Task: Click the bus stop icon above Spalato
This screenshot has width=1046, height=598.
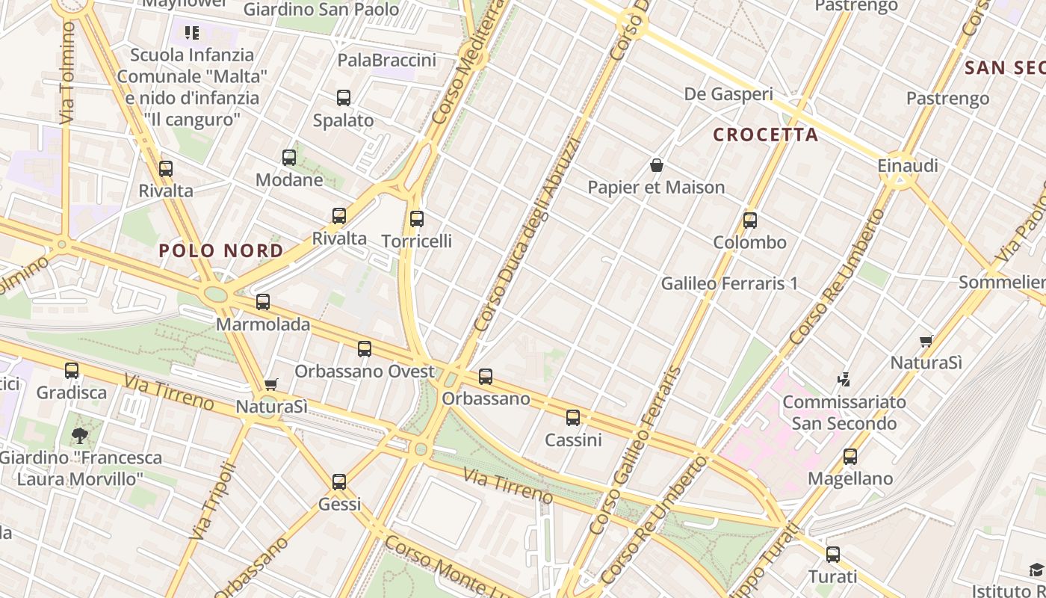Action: click(x=344, y=98)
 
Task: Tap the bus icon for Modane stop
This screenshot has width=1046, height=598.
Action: click(x=289, y=158)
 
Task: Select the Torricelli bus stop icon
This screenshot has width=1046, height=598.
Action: click(x=417, y=219)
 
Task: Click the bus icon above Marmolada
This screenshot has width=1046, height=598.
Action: click(x=263, y=302)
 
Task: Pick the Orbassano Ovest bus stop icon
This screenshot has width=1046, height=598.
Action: click(x=365, y=349)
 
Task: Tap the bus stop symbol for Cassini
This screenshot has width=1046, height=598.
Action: click(x=573, y=418)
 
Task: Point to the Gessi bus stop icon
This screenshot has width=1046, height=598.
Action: click(x=339, y=482)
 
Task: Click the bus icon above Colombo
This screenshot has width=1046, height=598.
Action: click(x=750, y=221)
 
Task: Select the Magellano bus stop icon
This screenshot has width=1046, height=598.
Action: click(x=850, y=457)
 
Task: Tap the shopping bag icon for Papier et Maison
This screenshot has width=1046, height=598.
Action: click(x=657, y=165)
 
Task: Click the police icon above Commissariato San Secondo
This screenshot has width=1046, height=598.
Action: click(x=844, y=380)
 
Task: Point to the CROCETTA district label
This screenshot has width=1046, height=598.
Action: click(x=765, y=135)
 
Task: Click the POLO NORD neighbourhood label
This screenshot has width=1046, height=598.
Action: click(x=221, y=250)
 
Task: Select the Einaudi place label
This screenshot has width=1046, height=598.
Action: click(x=908, y=165)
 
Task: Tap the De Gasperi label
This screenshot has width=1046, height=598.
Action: click(x=728, y=94)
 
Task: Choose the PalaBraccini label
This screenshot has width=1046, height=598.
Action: click(x=387, y=60)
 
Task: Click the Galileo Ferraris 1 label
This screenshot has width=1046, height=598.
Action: click(x=729, y=283)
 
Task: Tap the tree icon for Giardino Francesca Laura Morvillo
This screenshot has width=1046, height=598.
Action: click(x=80, y=435)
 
